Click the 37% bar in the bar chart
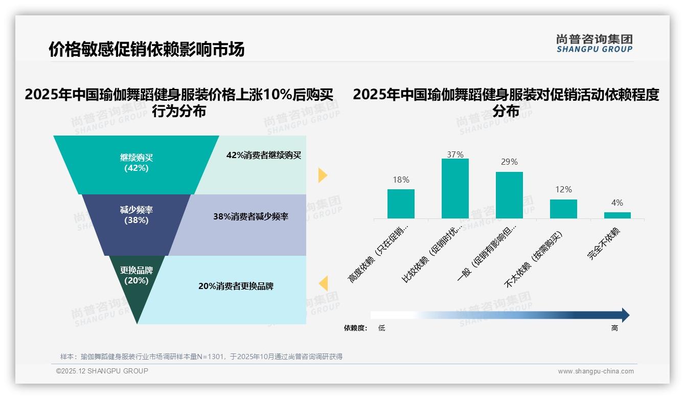coord(455,188)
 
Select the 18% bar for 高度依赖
coord(401,204)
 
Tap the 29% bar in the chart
coord(509,195)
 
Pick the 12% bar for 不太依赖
coord(563,209)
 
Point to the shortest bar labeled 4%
coord(618,215)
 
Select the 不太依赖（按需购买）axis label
coord(534,260)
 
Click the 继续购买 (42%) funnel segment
coord(136,163)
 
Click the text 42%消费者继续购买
coord(264,156)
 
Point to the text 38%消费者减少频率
coord(251,216)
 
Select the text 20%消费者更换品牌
coord(236,286)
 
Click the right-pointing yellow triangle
coord(323,175)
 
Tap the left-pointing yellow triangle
coord(323,283)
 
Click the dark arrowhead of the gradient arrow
coord(625,315)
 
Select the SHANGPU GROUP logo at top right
coord(594,43)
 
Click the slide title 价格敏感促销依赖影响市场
coord(147,49)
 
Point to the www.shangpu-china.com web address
coord(596,371)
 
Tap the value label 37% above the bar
coord(455,154)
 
